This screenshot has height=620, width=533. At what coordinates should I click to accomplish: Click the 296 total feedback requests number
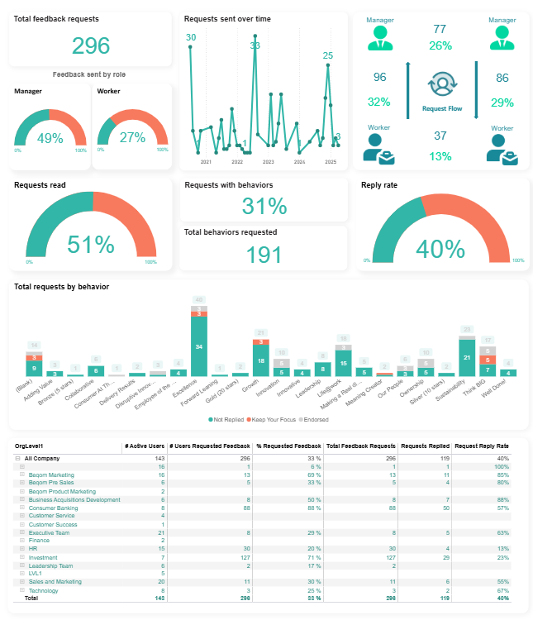click(x=91, y=46)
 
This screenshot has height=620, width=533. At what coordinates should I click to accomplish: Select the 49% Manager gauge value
click(x=50, y=138)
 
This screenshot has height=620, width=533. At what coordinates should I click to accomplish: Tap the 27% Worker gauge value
click(x=132, y=138)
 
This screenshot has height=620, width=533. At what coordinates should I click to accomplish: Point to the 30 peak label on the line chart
click(x=191, y=37)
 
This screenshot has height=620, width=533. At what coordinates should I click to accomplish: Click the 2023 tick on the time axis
click(x=269, y=162)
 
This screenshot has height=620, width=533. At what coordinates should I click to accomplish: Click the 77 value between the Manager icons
click(x=440, y=30)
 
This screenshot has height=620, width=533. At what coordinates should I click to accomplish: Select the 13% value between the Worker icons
click(x=440, y=156)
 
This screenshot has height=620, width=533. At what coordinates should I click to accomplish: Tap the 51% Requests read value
click(x=91, y=245)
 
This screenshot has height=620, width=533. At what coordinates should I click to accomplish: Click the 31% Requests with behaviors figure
click(x=264, y=207)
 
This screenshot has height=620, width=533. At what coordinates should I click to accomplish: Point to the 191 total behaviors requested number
click(x=264, y=254)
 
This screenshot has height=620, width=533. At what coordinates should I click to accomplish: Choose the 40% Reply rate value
click(x=441, y=248)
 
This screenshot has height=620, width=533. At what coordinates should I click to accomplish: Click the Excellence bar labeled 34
click(x=199, y=346)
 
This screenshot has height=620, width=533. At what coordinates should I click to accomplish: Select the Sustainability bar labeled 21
click(x=467, y=357)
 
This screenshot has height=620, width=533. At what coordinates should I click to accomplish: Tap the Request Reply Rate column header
click(x=482, y=446)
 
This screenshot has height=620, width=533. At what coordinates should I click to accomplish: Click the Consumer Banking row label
click(x=53, y=508)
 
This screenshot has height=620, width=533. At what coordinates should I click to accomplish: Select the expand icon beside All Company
click(x=18, y=458)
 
